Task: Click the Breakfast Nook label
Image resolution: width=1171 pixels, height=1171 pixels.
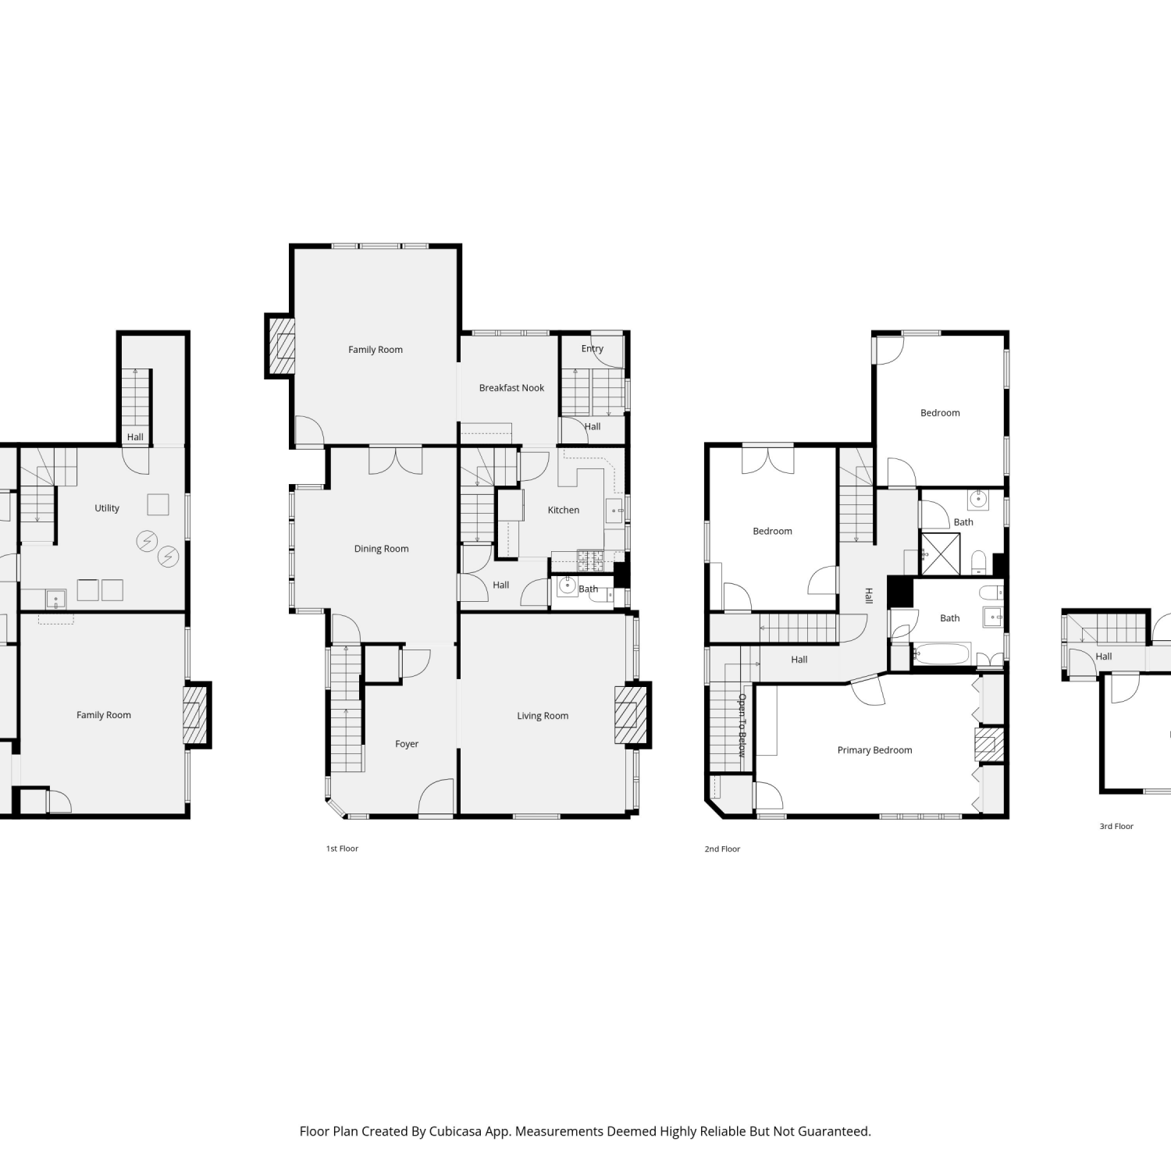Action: pyautogui.click(x=511, y=388)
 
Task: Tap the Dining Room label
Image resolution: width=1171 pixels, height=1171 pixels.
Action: pyautogui.click(x=381, y=549)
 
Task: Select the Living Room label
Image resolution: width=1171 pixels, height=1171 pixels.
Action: pyautogui.click(x=543, y=716)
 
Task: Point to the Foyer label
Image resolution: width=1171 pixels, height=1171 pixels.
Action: pyautogui.click(x=407, y=744)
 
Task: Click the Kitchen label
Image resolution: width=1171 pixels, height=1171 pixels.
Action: pyautogui.click(x=564, y=511)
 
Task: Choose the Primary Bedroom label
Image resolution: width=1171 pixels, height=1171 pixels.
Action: pyautogui.click(x=874, y=750)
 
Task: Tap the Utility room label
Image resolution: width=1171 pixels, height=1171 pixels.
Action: pyautogui.click(x=107, y=508)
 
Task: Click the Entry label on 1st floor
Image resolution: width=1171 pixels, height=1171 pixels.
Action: pyautogui.click(x=593, y=349)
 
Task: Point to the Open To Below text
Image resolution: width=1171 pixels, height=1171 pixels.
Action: pyautogui.click(x=742, y=725)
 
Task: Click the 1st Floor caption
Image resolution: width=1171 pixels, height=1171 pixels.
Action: pyautogui.click(x=342, y=849)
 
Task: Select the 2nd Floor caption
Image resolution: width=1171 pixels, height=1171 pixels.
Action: pyautogui.click(x=722, y=849)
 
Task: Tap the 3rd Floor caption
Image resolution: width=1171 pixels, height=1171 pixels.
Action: pyautogui.click(x=1116, y=826)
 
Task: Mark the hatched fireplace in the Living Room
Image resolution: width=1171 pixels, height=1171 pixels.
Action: pyautogui.click(x=631, y=715)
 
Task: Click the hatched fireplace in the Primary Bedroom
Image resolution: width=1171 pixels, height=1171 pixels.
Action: pyautogui.click(x=989, y=745)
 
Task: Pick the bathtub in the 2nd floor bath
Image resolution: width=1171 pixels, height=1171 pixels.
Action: pyautogui.click(x=942, y=654)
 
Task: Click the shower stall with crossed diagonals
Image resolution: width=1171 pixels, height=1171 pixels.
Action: pyautogui.click(x=941, y=554)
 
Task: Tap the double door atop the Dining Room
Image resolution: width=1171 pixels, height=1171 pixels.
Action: pyautogui.click(x=396, y=461)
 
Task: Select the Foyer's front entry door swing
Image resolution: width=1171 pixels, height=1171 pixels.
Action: pyautogui.click(x=436, y=797)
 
